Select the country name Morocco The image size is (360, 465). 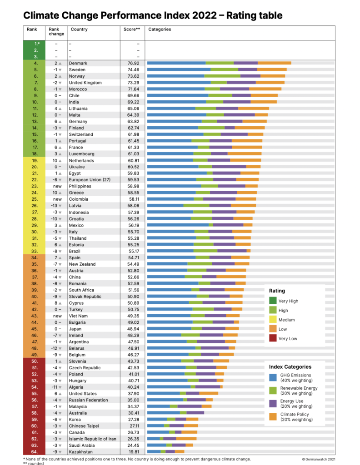click(x=78, y=89)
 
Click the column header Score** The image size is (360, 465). click(x=132, y=30)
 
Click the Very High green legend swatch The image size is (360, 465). click(x=273, y=301)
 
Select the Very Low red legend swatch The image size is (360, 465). click(x=273, y=338)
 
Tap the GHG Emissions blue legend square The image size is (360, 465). click(x=273, y=377)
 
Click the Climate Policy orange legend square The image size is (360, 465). click(x=273, y=416)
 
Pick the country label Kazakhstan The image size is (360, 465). click(x=81, y=451)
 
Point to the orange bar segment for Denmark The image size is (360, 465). click(x=275, y=63)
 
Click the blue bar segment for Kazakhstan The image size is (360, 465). click(x=154, y=451)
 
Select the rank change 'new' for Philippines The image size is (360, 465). click(x=57, y=186)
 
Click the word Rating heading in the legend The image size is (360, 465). click(x=277, y=291)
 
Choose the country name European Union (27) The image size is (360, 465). click(x=90, y=180)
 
